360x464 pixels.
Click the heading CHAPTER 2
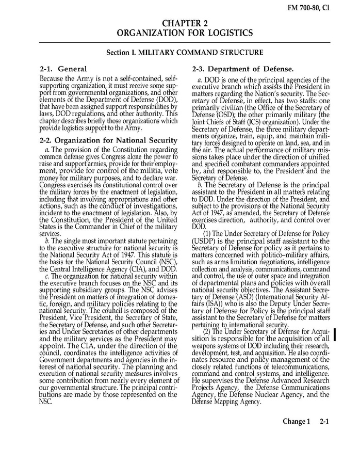click(x=184, y=24)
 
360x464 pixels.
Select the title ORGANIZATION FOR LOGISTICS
click(x=185, y=33)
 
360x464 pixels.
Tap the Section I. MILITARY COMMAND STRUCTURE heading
click(x=185, y=52)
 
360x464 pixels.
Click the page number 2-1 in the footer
click(x=324, y=421)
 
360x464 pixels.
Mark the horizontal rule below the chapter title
click(x=185, y=42)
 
